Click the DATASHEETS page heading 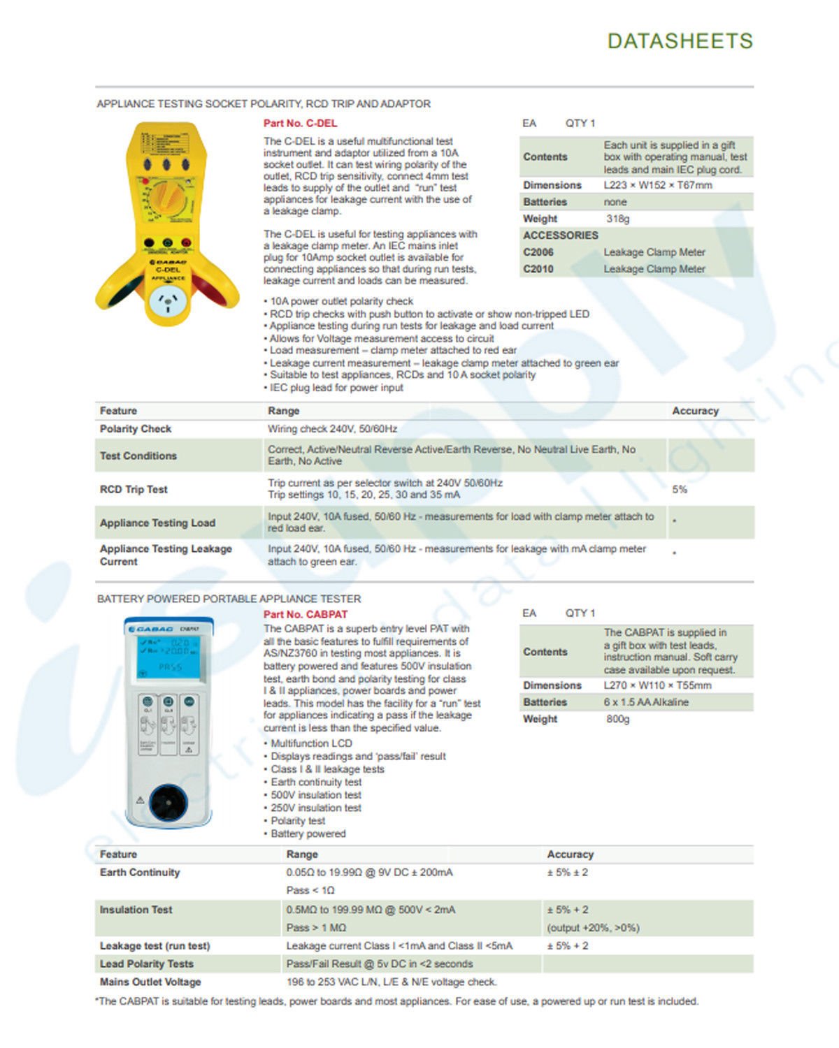680,41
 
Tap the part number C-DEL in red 300,123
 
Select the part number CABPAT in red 306,614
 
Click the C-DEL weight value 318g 617,219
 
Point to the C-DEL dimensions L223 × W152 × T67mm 658,185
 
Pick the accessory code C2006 538,252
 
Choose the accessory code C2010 538,269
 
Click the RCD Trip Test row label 134,489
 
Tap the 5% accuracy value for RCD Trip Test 680,489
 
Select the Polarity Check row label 136,429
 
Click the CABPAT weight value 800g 617,719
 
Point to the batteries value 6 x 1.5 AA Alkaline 646,702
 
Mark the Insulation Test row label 136,910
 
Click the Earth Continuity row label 140,873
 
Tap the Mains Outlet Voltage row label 150,982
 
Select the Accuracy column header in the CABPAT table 570,854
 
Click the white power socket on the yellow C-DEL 168,303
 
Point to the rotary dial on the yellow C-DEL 168,197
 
